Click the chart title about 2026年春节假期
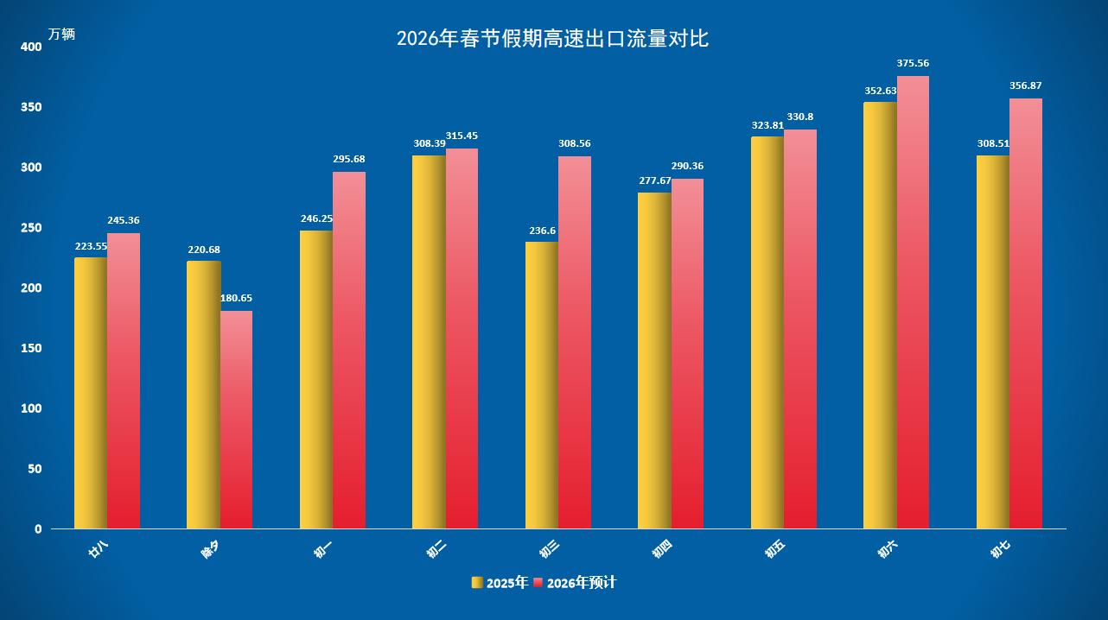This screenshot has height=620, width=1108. pos(552,39)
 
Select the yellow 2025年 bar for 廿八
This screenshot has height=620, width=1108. pos(91,393)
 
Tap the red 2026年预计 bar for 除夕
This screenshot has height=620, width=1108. pos(236,420)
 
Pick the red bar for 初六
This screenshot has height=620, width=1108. pos(913,302)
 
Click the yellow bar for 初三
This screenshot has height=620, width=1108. pos(542,385)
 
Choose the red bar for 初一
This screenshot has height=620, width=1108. pos(349,350)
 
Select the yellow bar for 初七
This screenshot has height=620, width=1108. pos(992,342)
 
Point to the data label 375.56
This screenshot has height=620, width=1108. pos(913,63)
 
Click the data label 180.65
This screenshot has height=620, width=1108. pos(236,298)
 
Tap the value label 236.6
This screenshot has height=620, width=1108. pos(542,231)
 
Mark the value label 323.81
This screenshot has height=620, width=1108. pos(767,125)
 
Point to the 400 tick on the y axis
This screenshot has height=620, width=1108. pos(31,47)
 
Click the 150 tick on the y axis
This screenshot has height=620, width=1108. pos(31,348)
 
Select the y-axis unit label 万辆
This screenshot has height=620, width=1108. pos(61,35)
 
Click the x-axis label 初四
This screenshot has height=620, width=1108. pos(661,550)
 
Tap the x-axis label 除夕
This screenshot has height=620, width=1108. pos(210,550)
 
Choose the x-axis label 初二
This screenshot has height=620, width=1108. pos(436,550)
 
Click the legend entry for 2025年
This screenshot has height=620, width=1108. pos(500,583)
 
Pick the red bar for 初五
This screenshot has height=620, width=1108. pos(800,329)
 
